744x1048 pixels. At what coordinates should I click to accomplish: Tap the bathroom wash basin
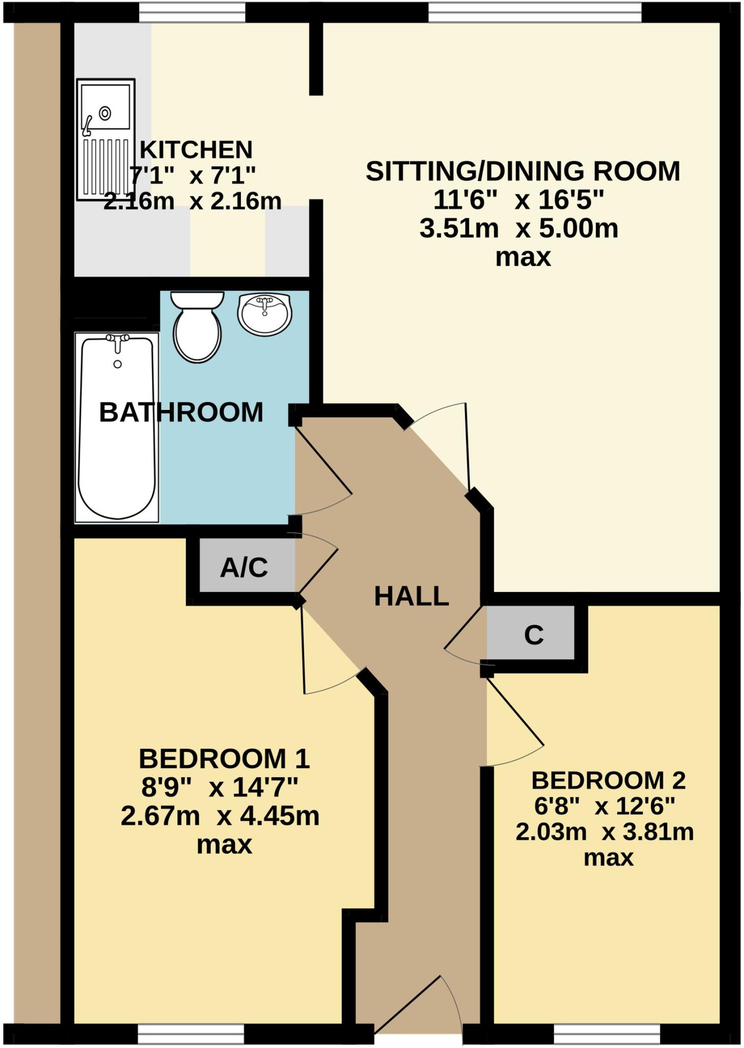264,314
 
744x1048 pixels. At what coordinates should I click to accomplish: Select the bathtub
117,427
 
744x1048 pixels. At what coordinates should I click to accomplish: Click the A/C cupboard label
244,567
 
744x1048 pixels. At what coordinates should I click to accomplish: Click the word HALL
412,596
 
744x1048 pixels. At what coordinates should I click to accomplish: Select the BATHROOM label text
181,412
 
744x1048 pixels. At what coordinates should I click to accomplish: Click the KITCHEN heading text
196,150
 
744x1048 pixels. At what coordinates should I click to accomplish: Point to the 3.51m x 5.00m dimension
518,228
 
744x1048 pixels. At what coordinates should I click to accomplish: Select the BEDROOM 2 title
608,780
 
